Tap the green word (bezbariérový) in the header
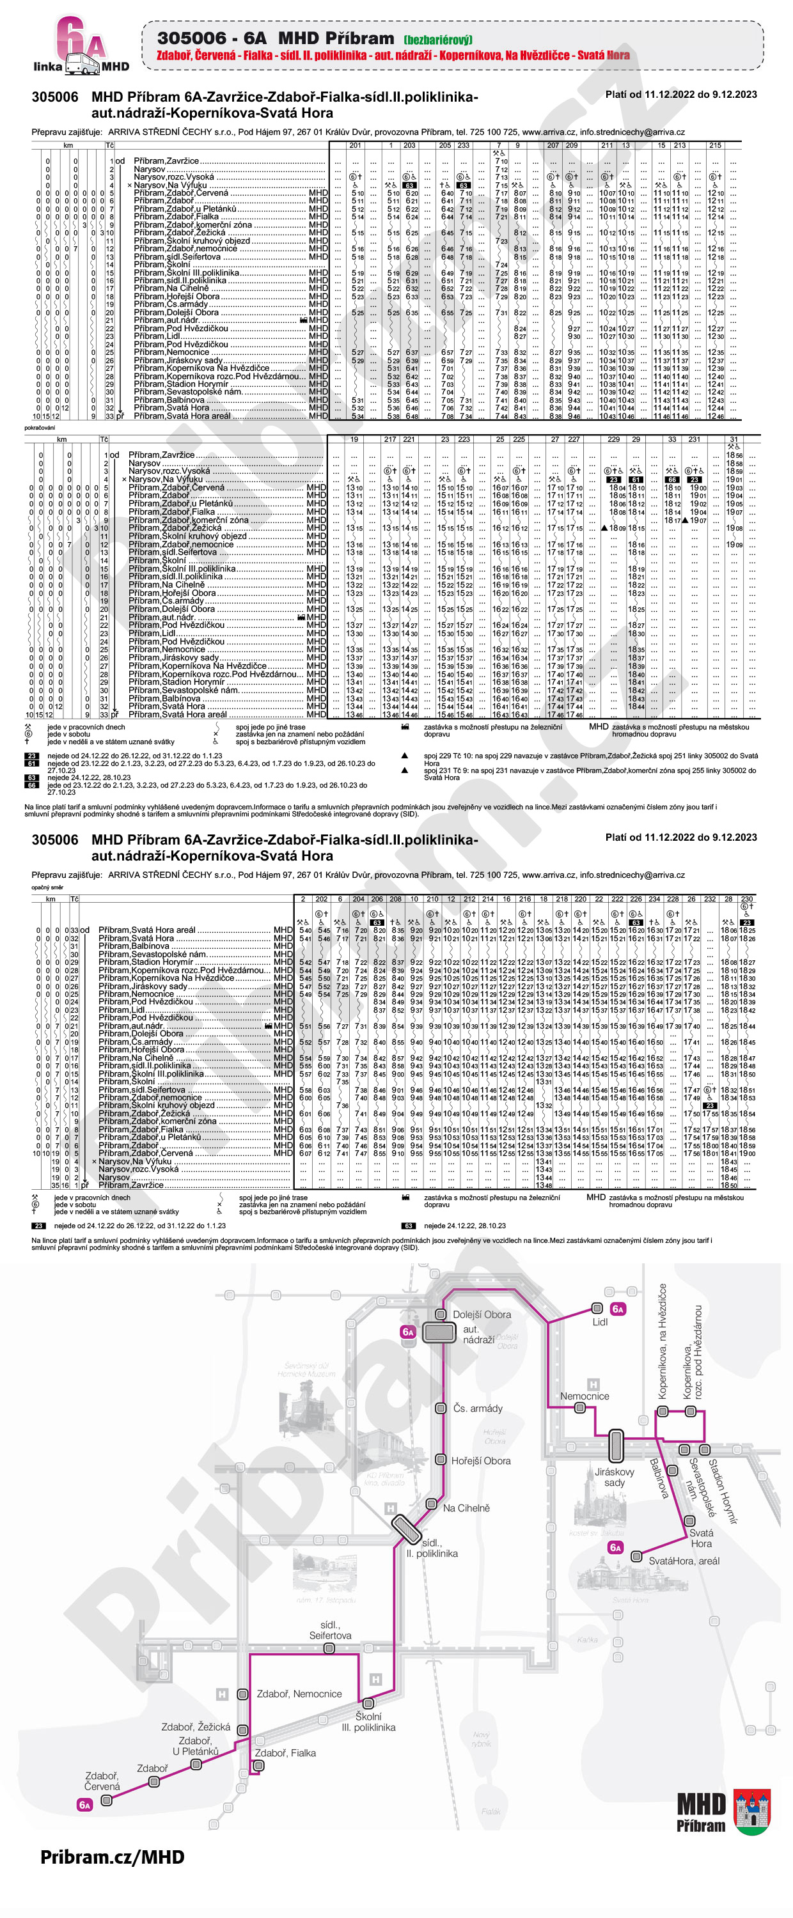pos(439,40)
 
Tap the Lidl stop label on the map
pos(599,1322)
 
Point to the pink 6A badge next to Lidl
pos(617,1309)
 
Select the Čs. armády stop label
pos(478,1408)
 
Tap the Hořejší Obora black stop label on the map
pos(480,1461)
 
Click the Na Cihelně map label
pos(466,1508)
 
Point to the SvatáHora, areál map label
pos(684,1561)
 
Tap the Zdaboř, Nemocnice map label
pos(299,1694)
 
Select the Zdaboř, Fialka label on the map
pos(285,1752)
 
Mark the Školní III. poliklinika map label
pos(368,1722)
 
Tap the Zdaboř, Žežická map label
pos(196,1727)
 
